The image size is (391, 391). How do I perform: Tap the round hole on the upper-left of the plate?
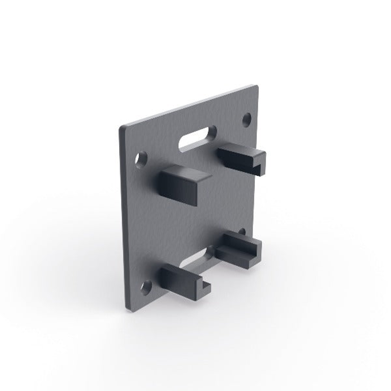point(141,160)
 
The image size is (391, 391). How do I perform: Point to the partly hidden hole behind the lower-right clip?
point(242,231)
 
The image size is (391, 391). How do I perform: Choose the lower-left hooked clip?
point(183,283)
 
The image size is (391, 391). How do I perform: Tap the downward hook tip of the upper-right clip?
point(261,169)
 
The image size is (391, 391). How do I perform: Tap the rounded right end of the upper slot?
point(212,130)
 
